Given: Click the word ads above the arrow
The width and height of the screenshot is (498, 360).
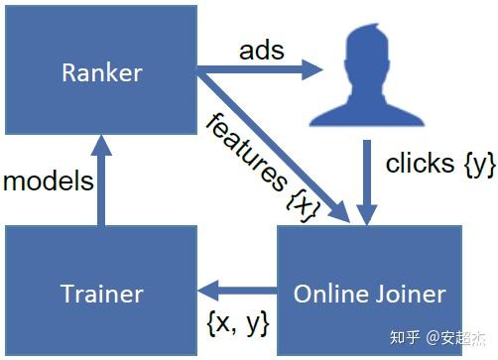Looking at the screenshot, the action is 261,50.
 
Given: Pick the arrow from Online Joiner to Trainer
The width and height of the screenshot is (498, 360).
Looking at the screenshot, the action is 238,292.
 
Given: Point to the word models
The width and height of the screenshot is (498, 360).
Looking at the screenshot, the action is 49,181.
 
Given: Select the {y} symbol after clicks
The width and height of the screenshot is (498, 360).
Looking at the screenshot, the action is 479,165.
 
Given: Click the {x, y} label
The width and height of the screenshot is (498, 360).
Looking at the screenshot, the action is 238,321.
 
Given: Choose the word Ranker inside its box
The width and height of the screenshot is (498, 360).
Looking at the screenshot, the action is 101,72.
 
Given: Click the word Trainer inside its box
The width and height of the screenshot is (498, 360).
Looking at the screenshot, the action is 101,294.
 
